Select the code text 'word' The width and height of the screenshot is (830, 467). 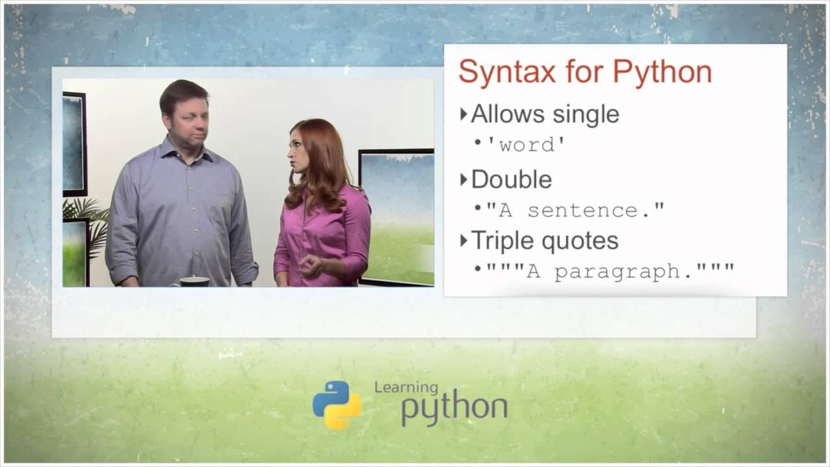527,144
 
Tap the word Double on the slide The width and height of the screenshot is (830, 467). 511,179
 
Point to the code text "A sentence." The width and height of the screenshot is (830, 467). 575,210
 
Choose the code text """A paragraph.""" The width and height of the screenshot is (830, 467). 610,270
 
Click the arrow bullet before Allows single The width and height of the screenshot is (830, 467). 464,115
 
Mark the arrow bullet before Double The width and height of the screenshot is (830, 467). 464,180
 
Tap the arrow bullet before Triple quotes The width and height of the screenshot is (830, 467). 464,241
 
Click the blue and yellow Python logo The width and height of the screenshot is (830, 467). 337,405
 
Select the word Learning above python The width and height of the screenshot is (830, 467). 406,387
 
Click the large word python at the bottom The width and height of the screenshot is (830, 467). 454,409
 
